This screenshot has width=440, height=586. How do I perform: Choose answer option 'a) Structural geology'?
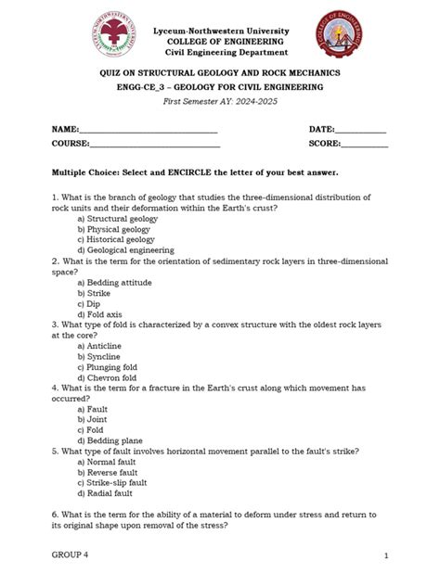118,219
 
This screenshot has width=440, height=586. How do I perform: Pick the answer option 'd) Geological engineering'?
125,250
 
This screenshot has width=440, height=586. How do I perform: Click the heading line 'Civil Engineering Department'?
220,53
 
